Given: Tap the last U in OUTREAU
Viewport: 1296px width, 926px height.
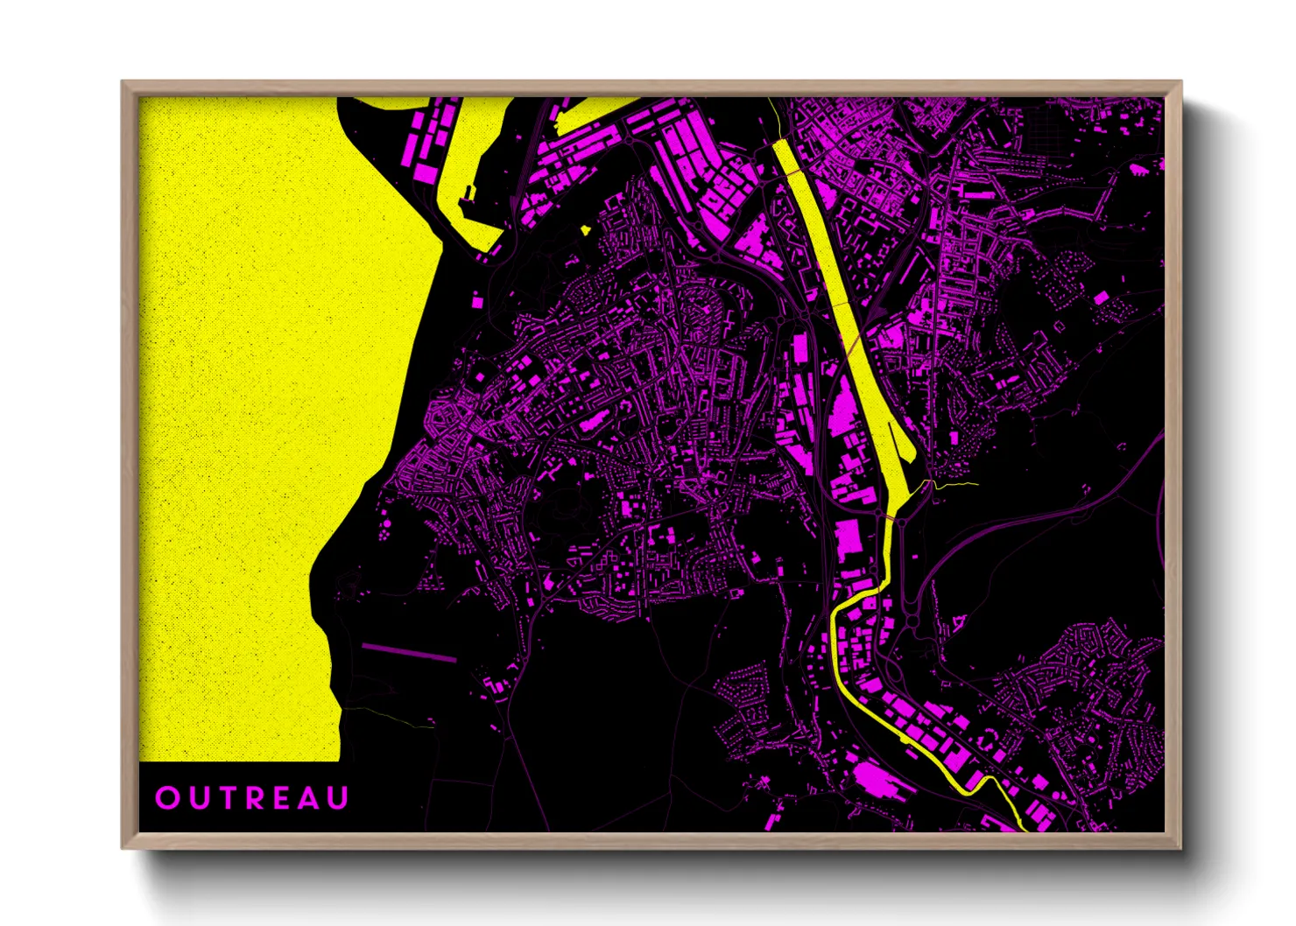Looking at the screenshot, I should coord(339,798).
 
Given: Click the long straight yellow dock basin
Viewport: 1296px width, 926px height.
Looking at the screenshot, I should coord(841,289).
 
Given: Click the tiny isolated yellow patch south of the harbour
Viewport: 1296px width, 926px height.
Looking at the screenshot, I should coord(585,230).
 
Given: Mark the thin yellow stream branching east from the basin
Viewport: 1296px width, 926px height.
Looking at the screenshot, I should coord(954,483).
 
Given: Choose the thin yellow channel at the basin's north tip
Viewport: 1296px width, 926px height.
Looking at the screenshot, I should coord(774,118).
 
